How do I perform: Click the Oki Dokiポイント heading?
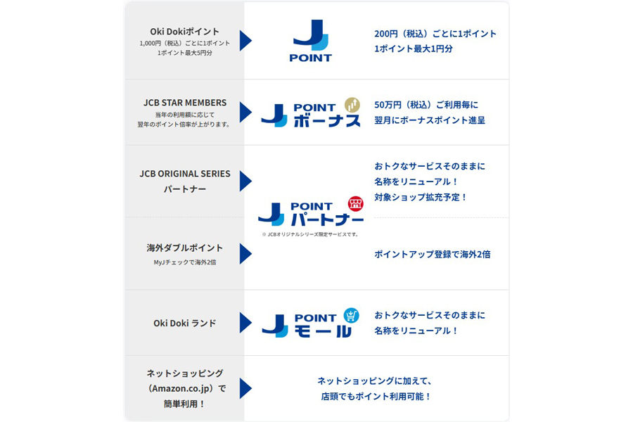tap(184, 32)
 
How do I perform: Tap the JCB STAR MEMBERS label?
tap(184, 102)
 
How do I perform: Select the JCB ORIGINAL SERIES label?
tap(184, 174)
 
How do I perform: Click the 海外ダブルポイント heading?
tap(184, 248)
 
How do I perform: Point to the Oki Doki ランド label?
tap(184, 323)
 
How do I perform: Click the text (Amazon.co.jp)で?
tap(184, 388)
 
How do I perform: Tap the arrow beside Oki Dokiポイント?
tap(245, 41)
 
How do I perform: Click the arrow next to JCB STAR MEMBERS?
tap(245, 112)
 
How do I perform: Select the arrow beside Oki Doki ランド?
tap(245, 323)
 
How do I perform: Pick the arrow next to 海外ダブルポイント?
tap(245, 254)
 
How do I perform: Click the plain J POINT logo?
tap(310, 41)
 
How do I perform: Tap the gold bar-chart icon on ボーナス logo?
tap(352, 105)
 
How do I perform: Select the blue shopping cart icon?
tap(351, 315)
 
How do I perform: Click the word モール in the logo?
tap(323, 331)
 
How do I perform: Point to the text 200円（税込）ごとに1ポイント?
tap(435, 34)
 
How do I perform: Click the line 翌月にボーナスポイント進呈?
tap(429, 120)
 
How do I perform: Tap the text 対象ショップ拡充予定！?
tap(421, 197)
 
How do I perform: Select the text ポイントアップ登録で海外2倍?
tap(432, 254)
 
